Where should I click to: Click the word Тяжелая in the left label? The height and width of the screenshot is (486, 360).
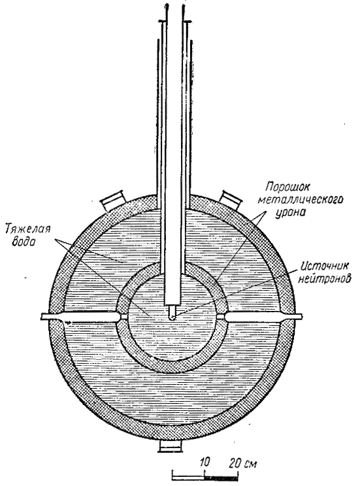[x=28, y=231]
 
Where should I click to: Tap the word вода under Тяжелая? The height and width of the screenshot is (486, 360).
[x=24, y=241]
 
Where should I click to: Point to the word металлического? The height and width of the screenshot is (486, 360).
[x=301, y=200]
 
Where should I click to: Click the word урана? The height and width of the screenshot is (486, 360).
[x=290, y=212]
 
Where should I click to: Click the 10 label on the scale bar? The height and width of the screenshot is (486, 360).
[x=205, y=462]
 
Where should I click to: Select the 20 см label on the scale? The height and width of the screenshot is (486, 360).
[x=243, y=464]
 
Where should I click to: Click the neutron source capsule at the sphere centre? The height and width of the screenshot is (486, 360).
[x=172, y=312]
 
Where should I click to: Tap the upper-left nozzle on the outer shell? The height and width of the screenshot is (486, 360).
[x=113, y=200]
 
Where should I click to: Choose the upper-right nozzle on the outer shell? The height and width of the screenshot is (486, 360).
[x=231, y=200]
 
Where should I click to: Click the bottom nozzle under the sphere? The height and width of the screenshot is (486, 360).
[x=169, y=445]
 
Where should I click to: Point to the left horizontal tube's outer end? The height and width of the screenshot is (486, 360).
[x=42, y=316]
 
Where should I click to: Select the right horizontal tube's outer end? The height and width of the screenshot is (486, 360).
[x=301, y=316]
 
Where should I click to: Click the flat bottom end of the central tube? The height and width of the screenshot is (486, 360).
[x=172, y=304]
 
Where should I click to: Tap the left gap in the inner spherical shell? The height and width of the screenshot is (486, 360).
[x=121, y=317]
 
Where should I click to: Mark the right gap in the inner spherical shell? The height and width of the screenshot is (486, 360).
[x=222, y=317]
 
